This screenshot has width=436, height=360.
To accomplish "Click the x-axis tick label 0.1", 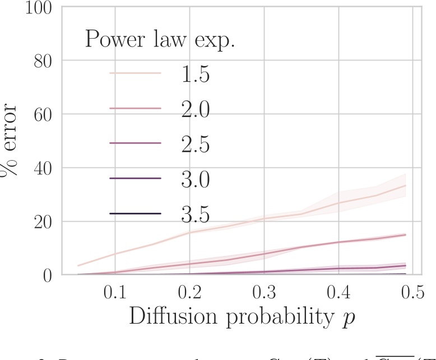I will pyautogui.click(x=115, y=293).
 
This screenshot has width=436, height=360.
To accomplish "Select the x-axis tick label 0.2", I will pyautogui.click(x=189, y=293).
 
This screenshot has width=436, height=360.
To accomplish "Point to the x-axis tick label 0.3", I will pyautogui.click(x=264, y=293).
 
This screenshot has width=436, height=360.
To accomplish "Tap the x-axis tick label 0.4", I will pyautogui.click(x=338, y=293).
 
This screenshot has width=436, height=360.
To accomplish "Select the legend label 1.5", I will pyautogui.click(x=195, y=74).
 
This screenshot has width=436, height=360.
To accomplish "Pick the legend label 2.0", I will pyautogui.click(x=195, y=109).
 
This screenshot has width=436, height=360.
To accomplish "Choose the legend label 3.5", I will pyautogui.click(x=195, y=214).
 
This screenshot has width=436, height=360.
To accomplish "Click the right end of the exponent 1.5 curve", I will pyautogui.click(x=405, y=185).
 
